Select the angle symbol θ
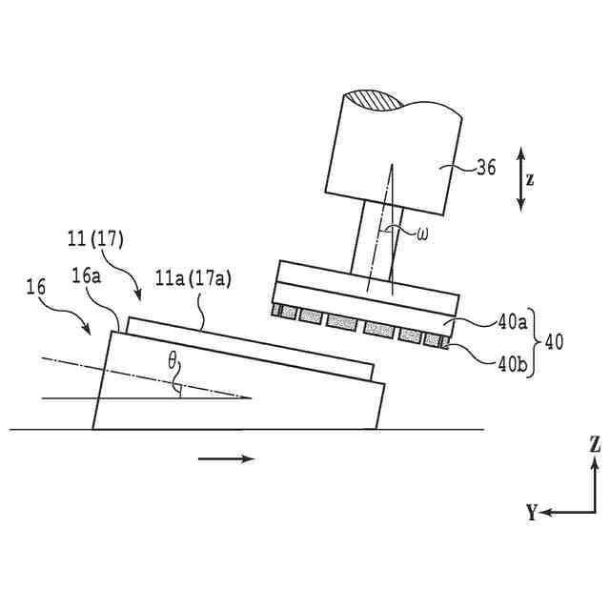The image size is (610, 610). [x=172, y=362]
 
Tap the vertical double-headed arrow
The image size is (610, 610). [x=519, y=178]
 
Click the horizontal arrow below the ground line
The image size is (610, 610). [x=227, y=458]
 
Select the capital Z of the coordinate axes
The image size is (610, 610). [x=594, y=445]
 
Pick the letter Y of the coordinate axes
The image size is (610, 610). [x=531, y=513]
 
